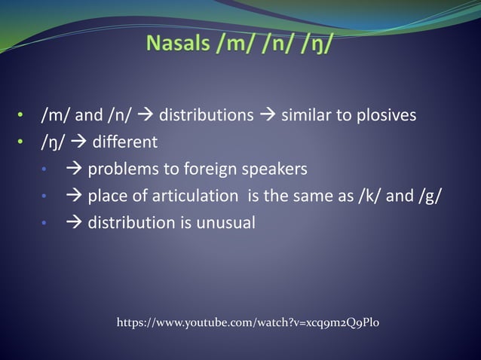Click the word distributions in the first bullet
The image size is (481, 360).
(206, 115)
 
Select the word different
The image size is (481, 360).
(125, 142)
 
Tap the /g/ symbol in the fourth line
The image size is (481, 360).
(430, 196)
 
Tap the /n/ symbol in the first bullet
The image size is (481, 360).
(119, 115)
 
